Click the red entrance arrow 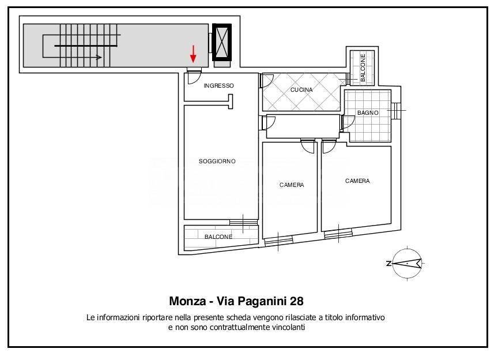click(193, 55)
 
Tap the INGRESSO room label click(219, 86)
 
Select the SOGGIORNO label click(217, 162)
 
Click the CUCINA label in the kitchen click(301, 90)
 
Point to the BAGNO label click(368, 113)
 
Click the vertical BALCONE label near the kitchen click(363, 69)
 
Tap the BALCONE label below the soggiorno click(218, 237)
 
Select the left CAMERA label click(292, 185)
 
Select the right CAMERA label click(357, 181)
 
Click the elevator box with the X click(221, 42)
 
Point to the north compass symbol click(407, 264)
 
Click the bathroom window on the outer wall click(397, 110)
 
